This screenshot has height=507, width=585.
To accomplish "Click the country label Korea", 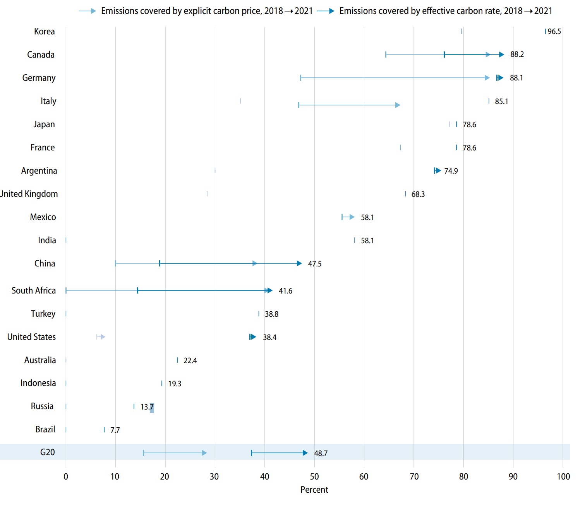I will coord(44,31).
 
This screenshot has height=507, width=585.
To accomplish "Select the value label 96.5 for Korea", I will coord(554,32).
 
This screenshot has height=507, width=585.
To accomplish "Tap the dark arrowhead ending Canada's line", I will coord(502,55).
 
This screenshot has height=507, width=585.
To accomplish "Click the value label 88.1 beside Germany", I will coord(516,78).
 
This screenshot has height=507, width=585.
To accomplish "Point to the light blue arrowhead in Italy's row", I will coord(398,105).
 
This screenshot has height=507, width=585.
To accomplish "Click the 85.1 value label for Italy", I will coord(501,101).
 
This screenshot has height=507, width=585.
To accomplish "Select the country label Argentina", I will coord(39,171).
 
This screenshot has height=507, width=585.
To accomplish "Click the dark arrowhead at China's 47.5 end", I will coord(299,263).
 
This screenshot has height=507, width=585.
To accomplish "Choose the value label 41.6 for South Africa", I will coord(285,291).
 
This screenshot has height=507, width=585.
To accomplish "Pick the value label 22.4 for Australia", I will coord(190,360).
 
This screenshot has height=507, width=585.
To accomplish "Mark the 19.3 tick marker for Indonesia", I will coord(162,383).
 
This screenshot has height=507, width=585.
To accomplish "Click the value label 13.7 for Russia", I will coord(147,407).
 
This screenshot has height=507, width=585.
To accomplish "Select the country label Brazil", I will coord(45,429).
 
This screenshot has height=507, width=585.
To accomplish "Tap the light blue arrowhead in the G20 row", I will coord(204,453).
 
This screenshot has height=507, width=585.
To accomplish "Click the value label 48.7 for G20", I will coord(321,453).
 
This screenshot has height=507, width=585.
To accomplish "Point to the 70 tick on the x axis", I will coord(414,476).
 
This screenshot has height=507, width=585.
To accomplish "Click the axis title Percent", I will coord(314,490).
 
